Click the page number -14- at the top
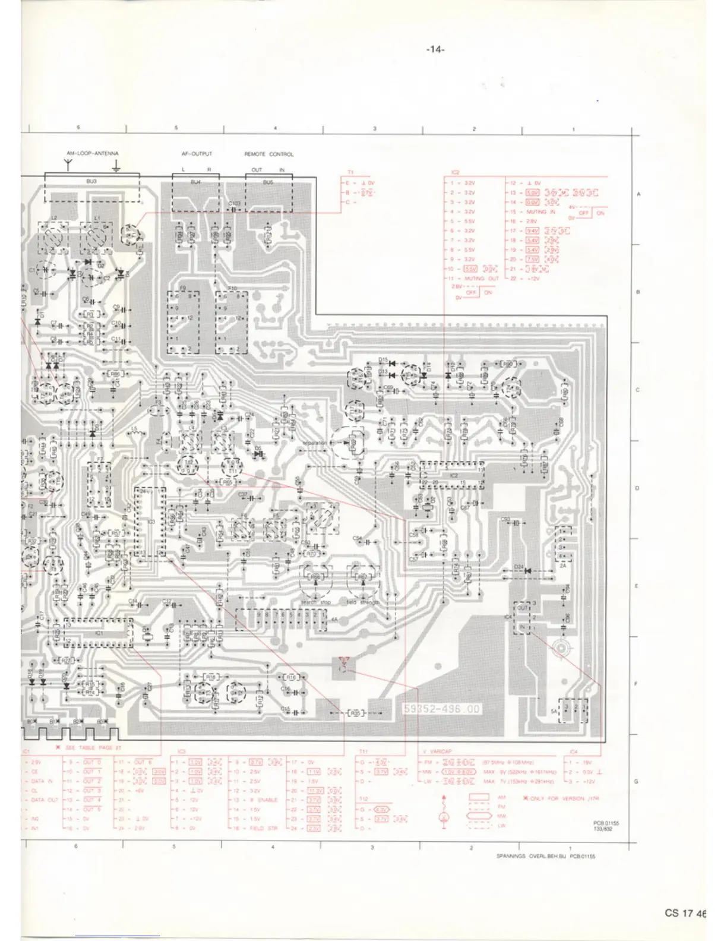pyautogui.click(x=435, y=50)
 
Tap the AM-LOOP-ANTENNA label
pyautogui.click(x=92, y=154)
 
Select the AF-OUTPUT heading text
pyautogui.click(x=197, y=154)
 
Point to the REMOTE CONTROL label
pyautogui.click(x=268, y=154)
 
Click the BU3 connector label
pyautogui.click(x=91, y=181)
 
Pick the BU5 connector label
pyautogui.click(x=268, y=182)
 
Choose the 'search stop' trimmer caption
pyautogui.click(x=316, y=602)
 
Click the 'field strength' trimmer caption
pyautogui.click(x=363, y=602)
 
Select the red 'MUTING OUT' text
pyautogui.click(x=485, y=279)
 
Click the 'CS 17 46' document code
pyautogui.click(x=685, y=913)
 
